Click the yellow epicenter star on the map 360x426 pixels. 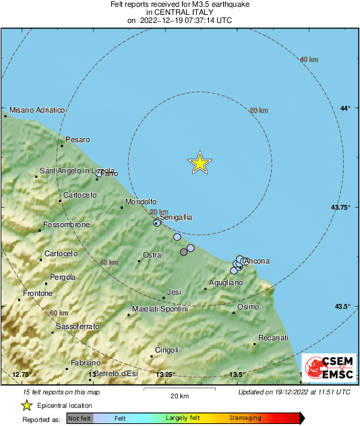(x=200, y=163)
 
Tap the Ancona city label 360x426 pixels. (x=257, y=262)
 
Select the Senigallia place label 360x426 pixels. (x=176, y=218)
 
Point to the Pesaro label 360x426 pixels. (x=78, y=140)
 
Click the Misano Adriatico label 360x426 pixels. (x=37, y=110)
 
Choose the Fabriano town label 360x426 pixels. (x=86, y=363)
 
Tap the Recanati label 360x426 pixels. (x=274, y=338)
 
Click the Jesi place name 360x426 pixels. (x=175, y=292)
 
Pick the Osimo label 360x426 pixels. (x=248, y=307)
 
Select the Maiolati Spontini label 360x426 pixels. (x=160, y=309)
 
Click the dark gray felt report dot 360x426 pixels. (x=184, y=252)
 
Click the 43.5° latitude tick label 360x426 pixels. (x=342, y=307)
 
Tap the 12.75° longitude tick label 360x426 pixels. (x=22, y=374)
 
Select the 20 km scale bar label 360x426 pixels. (x=179, y=395)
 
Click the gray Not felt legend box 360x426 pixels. (x=80, y=419)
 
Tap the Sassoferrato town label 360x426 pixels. (x=78, y=326)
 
